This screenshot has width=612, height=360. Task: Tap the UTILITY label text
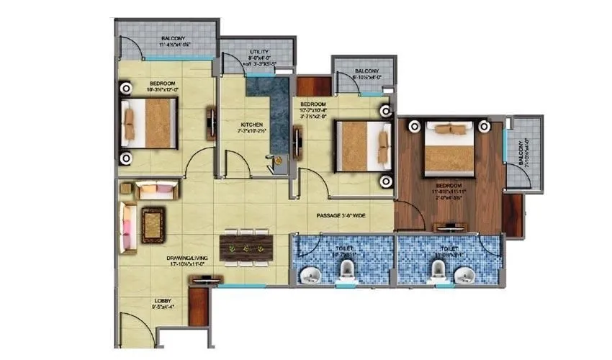click(259, 53)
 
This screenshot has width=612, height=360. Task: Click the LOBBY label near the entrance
click(163, 301)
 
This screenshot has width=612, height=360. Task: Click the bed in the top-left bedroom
click(150, 123)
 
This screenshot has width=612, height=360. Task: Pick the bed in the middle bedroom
click(363, 146)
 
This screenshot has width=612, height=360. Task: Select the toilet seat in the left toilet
click(346, 272)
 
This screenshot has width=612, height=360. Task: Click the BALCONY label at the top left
click(174, 38)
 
